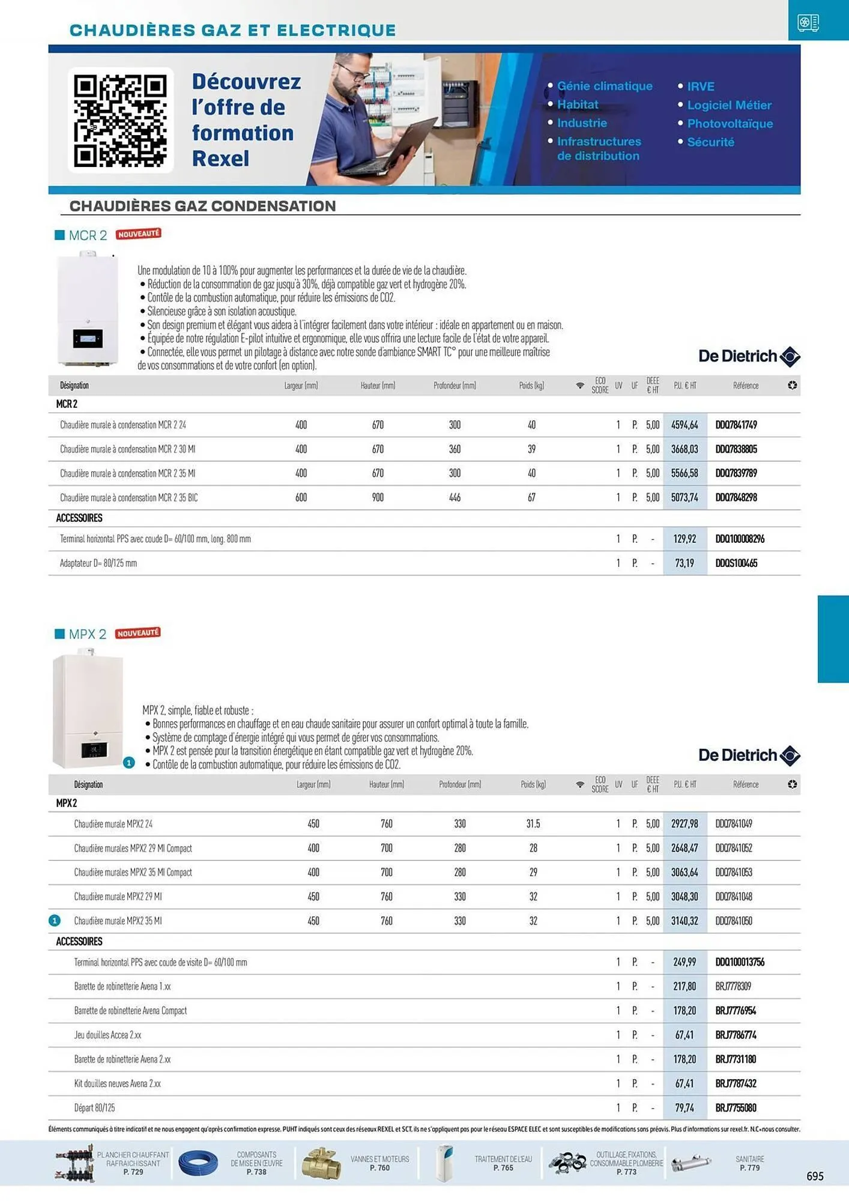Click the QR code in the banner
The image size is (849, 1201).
tap(120, 120)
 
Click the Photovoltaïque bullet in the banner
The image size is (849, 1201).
tap(730, 124)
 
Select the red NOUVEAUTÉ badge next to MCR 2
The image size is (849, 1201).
tap(138, 234)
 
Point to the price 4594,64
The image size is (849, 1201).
tap(684, 425)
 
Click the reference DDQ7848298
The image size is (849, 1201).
tap(736, 498)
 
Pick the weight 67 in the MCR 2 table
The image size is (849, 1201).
tap(531, 498)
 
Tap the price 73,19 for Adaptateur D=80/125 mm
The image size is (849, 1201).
tap(684, 563)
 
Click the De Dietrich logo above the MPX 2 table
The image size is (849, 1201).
tap(749, 755)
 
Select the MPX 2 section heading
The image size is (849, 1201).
tap(87, 634)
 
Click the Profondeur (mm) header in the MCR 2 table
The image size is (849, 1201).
tap(455, 386)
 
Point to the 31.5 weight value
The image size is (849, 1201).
tap(533, 824)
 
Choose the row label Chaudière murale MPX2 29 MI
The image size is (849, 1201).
tap(118, 897)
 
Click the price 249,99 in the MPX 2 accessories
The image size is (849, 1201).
tap(684, 962)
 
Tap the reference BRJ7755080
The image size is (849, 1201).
tap(736, 1108)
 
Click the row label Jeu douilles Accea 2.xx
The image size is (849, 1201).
tap(108, 1035)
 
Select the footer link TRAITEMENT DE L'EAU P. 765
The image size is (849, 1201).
tap(503, 1163)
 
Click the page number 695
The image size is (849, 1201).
tap(815, 1176)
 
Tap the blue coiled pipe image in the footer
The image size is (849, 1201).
tap(198, 1164)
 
